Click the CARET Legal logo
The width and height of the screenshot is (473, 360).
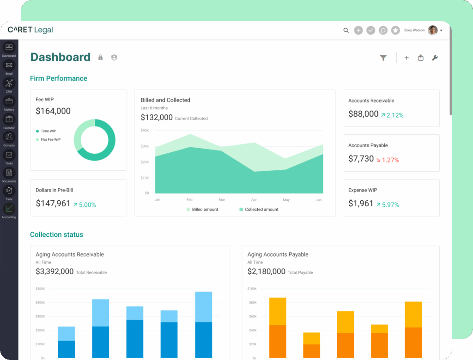pos(30,30)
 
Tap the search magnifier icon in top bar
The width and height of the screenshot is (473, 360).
pos(346,30)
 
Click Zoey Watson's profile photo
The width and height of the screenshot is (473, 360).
pos(432,30)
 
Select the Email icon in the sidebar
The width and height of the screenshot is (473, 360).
pos(9,66)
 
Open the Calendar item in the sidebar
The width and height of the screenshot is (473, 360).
pos(9,120)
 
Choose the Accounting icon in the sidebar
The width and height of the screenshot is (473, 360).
pos(9,209)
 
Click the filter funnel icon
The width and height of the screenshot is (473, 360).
pos(383,58)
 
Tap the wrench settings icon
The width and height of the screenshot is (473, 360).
pos(434,58)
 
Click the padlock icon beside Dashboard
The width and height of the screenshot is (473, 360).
pos(100,58)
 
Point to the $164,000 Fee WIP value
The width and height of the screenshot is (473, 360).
pos(53,111)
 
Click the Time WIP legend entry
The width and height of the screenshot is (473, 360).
pos(48,131)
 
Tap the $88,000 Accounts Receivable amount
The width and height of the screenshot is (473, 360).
pos(363,114)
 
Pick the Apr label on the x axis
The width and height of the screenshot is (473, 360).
pos(254,200)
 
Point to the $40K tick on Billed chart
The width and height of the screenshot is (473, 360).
pos(145,131)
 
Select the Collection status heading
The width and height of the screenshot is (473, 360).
pos(56,234)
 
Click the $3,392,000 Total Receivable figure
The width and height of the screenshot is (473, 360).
pos(55,272)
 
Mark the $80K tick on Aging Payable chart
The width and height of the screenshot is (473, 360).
pos(252,303)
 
